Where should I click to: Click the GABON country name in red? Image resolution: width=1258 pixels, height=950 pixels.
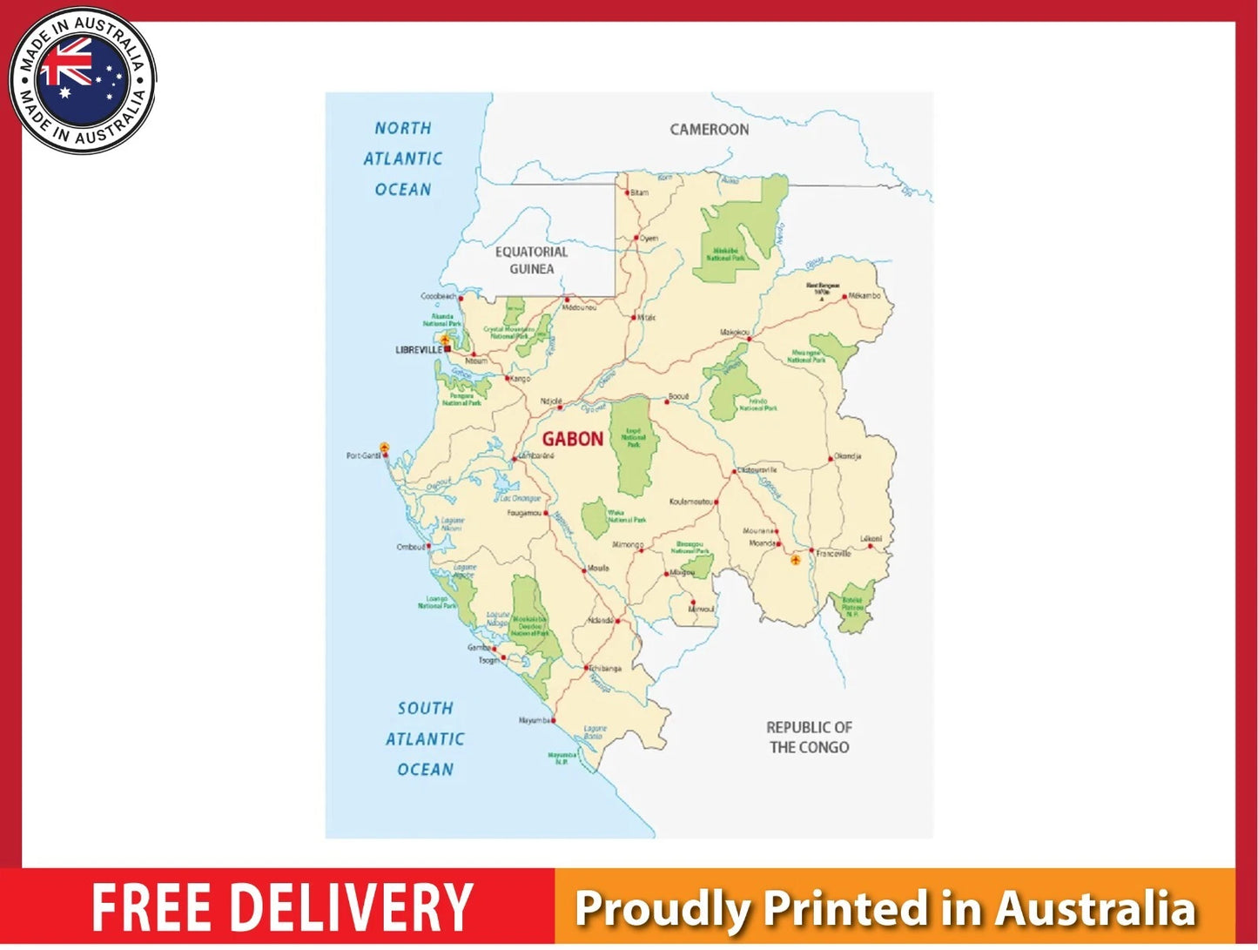(x=572, y=439)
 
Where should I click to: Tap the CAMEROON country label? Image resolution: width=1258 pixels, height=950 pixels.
(x=709, y=130)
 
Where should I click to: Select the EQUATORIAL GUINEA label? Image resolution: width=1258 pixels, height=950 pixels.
(x=531, y=260)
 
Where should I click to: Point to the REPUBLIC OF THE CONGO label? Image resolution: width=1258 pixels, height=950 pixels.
(x=809, y=737)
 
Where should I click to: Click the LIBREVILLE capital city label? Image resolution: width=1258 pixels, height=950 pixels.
(x=419, y=350)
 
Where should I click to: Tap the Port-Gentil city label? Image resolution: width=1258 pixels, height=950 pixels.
(x=363, y=455)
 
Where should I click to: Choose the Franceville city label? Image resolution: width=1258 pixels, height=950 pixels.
(x=834, y=554)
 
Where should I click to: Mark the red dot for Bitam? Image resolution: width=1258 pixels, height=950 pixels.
(x=626, y=192)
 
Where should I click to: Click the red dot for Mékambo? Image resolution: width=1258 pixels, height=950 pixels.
(x=844, y=297)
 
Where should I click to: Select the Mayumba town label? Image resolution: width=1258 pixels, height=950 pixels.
(x=534, y=721)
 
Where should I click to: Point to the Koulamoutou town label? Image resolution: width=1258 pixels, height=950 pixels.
(x=691, y=502)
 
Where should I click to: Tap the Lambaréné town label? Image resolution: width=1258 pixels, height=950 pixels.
(x=536, y=456)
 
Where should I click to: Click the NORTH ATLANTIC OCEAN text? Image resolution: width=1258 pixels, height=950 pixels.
(x=402, y=158)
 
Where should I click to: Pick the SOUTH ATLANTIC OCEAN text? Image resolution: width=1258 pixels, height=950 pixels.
(x=425, y=738)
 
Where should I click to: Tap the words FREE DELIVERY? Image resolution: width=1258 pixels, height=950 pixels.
(x=282, y=908)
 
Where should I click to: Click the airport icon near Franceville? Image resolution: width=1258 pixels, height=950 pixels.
(x=795, y=560)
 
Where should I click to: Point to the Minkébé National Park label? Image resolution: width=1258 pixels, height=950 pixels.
(x=725, y=254)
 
